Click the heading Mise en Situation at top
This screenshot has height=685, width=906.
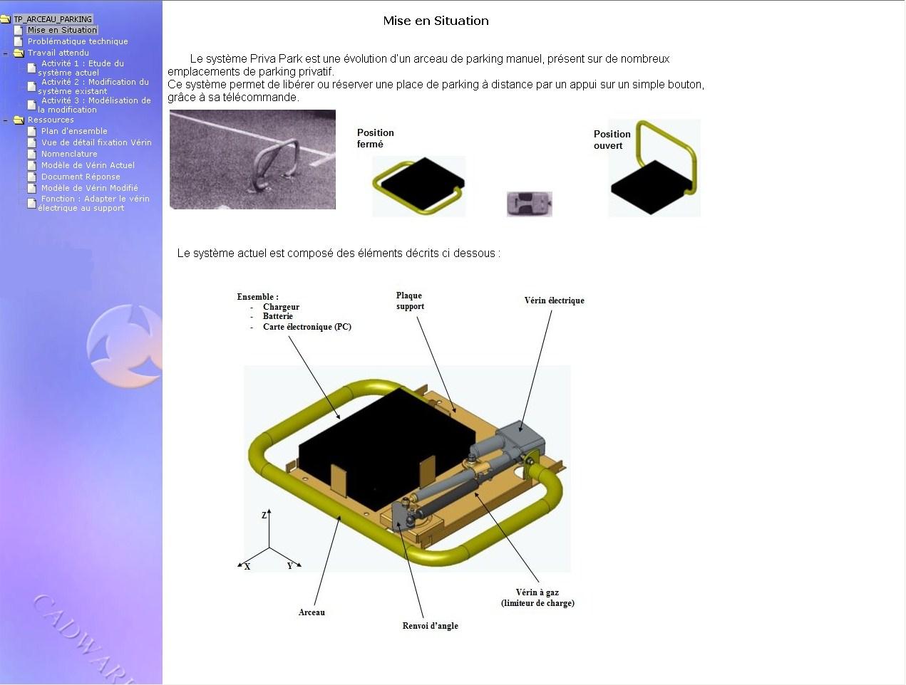[436, 21]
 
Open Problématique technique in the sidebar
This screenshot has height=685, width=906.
[78, 41]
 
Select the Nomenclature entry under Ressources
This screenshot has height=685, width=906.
[69, 154]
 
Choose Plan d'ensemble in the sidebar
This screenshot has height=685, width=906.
[74, 131]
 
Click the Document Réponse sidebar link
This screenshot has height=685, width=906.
[81, 177]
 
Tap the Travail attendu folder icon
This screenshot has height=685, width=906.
[19, 53]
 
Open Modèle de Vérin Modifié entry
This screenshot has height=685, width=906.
[90, 188]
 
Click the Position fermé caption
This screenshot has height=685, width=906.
[375, 138]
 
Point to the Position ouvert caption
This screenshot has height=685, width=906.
[612, 140]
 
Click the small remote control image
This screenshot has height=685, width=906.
[530, 204]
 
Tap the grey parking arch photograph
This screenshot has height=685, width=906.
[252, 160]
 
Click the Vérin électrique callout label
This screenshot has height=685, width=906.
[555, 300]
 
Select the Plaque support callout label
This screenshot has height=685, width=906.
[410, 301]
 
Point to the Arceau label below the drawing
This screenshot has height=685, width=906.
[312, 612]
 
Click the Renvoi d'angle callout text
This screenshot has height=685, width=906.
[430, 626]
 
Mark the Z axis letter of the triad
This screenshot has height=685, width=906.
[264, 516]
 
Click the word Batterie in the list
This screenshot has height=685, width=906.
[278, 316]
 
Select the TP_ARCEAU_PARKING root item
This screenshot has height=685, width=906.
[53, 19]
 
